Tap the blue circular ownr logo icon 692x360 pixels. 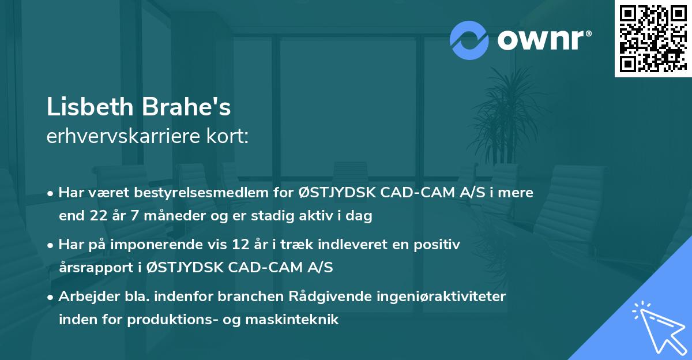469,40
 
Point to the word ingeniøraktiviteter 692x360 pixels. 443,297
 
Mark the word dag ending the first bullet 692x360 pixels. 362,216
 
